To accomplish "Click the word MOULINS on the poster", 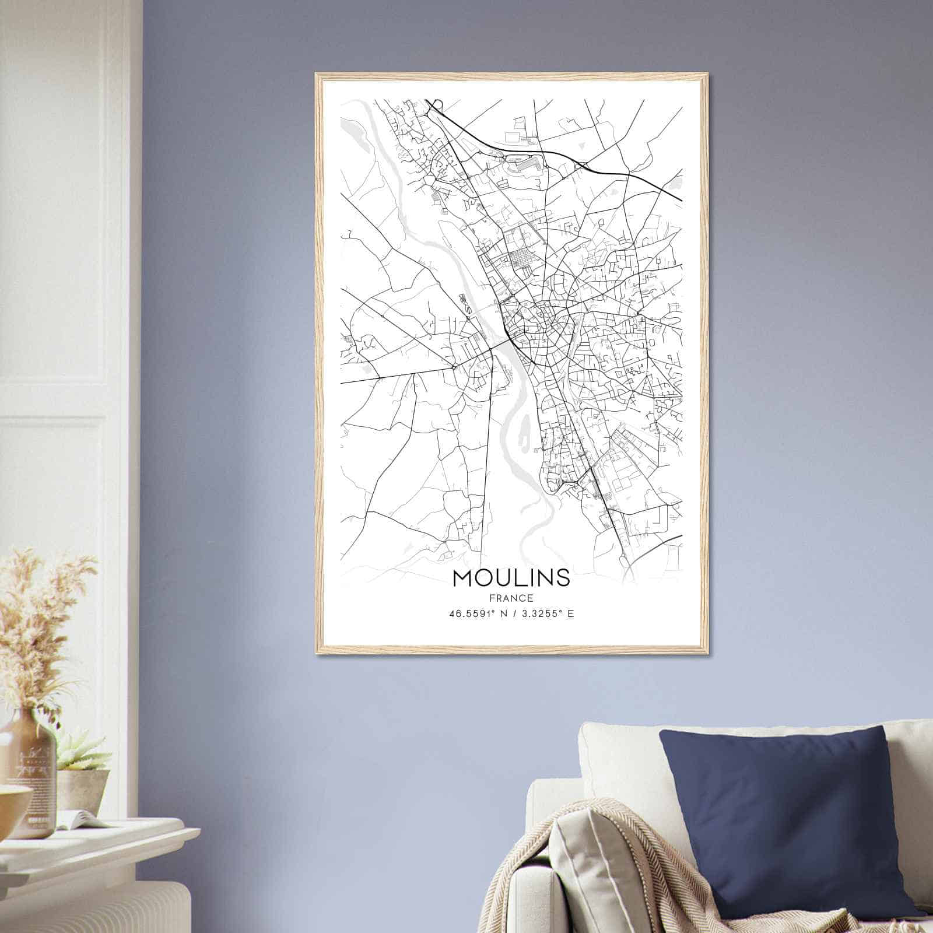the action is pyautogui.click(x=511, y=577).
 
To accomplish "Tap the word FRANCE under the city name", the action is pyautogui.click(x=511, y=598).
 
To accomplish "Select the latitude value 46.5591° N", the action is pyautogui.click(x=477, y=613).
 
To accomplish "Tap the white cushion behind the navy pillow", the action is pyautogui.click(x=618, y=752).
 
